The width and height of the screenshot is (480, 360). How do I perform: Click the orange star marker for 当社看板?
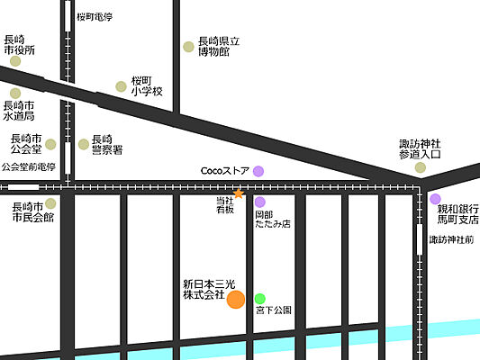pyautogui.click(x=238, y=193)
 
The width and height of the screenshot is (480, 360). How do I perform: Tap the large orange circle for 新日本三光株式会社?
pyautogui.click(x=235, y=300)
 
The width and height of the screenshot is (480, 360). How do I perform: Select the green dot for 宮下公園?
pyautogui.click(x=260, y=299)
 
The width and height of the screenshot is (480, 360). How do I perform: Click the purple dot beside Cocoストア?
pyautogui.click(x=258, y=170)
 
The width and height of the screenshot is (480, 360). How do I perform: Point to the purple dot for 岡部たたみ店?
pyautogui.click(x=260, y=202)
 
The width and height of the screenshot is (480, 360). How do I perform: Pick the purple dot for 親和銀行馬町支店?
pyautogui.click(x=435, y=199)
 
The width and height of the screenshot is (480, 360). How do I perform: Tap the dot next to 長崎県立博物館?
pyautogui.click(x=188, y=47)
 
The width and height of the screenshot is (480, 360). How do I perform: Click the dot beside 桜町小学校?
pyautogui.click(x=121, y=86)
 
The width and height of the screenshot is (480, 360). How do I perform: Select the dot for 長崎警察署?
pyautogui.click(x=84, y=143)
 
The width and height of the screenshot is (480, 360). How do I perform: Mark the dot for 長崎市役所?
pyautogui.click(x=14, y=60)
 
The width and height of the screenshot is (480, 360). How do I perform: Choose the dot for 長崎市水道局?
pyautogui.click(x=14, y=93)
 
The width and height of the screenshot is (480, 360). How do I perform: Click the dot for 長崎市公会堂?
pyautogui.click(x=50, y=144)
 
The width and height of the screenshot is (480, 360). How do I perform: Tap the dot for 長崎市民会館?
pyautogui.click(x=50, y=203)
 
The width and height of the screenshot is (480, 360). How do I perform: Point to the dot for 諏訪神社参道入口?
pyautogui.click(x=420, y=167)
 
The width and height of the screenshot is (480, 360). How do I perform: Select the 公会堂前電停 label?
pyautogui.click(x=29, y=167)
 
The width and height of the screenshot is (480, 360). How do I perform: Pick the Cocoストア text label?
pyautogui.click(x=224, y=170)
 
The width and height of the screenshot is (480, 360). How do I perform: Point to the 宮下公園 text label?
pyautogui.click(x=274, y=310)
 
